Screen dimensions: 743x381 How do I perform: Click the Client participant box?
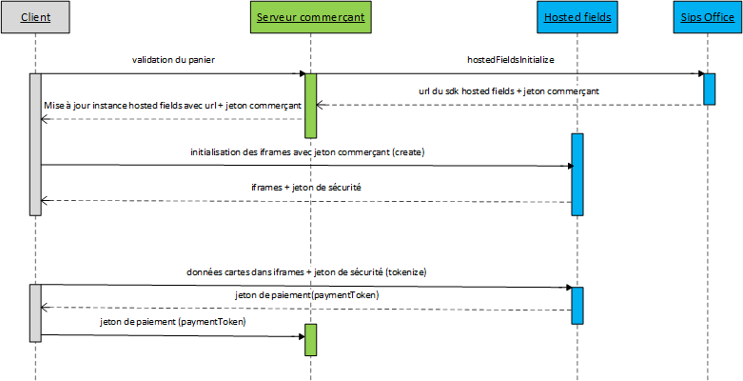pyautogui.click(x=35, y=17)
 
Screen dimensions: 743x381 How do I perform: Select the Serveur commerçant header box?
pyautogui.click(x=310, y=17)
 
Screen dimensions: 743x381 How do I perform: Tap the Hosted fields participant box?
pyautogui.click(x=577, y=17)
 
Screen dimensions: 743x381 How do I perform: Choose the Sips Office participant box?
pyautogui.click(x=708, y=17)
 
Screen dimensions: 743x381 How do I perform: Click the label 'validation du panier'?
pyautogui.click(x=174, y=60)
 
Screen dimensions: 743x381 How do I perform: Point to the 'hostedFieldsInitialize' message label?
pyautogui.click(x=510, y=60)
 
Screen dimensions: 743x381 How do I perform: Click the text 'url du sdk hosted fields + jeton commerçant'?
pyautogui.click(x=509, y=91)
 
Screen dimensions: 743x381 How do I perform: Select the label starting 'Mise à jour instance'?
pyautogui.click(x=172, y=106)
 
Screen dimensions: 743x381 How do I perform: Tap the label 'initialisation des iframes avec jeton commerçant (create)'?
pyautogui.click(x=308, y=152)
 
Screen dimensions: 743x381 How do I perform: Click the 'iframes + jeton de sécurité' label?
pyautogui.click(x=306, y=188)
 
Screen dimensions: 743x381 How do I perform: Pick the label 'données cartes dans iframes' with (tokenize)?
pyautogui.click(x=307, y=272)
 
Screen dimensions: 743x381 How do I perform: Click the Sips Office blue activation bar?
pyautogui.click(x=709, y=89)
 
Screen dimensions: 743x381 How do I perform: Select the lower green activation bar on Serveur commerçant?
pyautogui.click(x=310, y=340)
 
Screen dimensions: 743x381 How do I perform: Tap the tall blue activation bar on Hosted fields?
pyautogui.click(x=577, y=174)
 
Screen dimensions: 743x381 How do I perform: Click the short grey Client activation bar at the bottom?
pyautogui.click(x=35, y=312)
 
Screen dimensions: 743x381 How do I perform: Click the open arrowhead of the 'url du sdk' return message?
pyautogui.click(x=320, y=105)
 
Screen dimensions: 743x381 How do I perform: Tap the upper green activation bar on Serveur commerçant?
pyautogui.click(x=310, y=106)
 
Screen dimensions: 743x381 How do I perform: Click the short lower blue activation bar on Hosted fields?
pyautogui.click(x=577, y=305)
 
